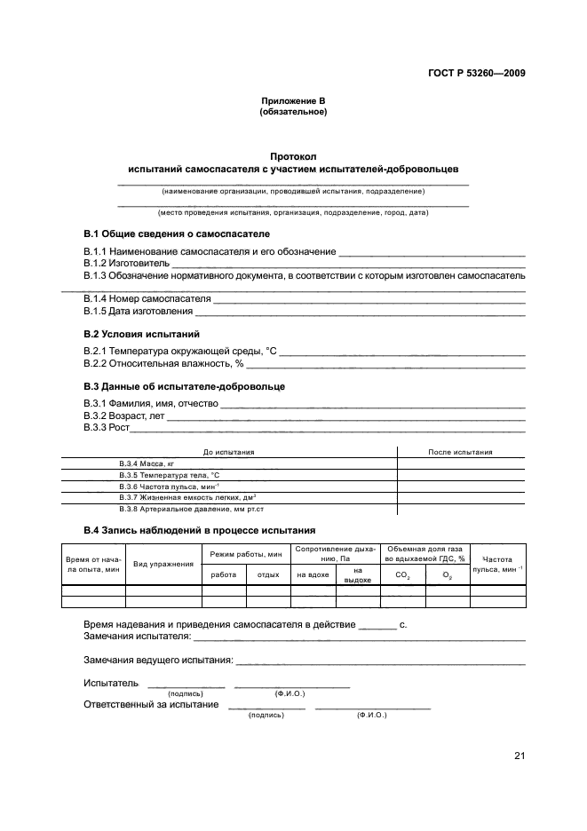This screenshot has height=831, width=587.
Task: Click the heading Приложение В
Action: click(x=293, y=101)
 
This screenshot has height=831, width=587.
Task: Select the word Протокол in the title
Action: click(x=293, y=156)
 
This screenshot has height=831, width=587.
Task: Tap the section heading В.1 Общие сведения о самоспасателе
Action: click(x=176, y=233)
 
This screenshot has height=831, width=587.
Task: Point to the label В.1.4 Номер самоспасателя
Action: click(x=147, y=298)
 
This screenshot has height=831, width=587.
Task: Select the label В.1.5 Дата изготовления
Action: click(x=139, y=311)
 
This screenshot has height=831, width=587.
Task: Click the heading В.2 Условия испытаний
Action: click(x=141, y=335)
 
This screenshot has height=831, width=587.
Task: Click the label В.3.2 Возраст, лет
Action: click(x=124, y=415)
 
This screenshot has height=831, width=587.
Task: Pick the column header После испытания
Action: click(x=460, y=452)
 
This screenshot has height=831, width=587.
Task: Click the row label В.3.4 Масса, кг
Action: click(x=143, y=463)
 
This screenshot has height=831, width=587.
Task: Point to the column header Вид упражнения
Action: click(x=163, y=564)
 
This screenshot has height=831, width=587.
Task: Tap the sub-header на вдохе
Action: click(x=313, y=575)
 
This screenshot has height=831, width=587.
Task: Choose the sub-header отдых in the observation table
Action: click(x=268, y=575)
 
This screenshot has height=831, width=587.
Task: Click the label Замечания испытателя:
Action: click(x=138, y=637)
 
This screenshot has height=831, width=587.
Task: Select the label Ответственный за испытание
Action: click(x=151, y=704)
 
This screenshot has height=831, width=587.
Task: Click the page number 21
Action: click(x=520, y=756)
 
